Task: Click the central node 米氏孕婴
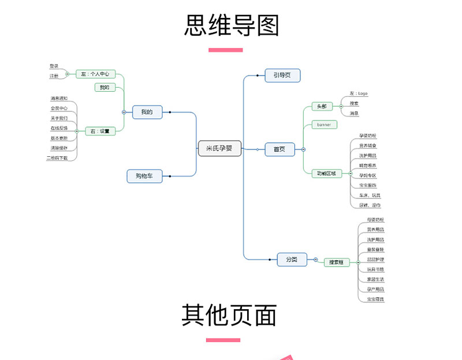point(219,148)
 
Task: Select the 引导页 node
point(282,75)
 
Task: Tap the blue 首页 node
point(280,149)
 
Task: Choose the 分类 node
point(292,260)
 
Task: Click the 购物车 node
point(144,176)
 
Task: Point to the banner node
point(323,124)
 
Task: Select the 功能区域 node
point(326,173)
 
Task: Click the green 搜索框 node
point(336,262)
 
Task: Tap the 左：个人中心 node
point(95,74)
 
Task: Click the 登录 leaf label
point(54,66)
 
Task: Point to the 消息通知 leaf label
point(59,98)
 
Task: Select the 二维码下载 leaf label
point(57,157)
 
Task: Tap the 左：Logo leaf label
point(359,93)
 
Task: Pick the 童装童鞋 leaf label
point(375,249)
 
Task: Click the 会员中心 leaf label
point(59,108)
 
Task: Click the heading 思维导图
point(231,26)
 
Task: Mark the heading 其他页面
point(229,315)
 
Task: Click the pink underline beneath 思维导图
point(225,50)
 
